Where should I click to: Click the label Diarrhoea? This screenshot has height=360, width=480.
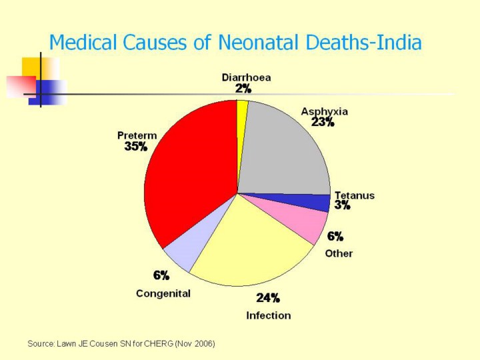click(x=246, y=77)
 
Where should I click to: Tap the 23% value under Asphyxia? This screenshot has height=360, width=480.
click(x=323, y=122)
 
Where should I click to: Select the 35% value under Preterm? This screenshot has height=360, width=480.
click(x=135, y=147)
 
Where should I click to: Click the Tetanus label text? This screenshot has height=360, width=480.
click(x=355, y=195)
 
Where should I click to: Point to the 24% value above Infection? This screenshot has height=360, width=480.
click(x=268, y=298)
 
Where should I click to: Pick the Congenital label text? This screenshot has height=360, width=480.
click(x=163, y=293)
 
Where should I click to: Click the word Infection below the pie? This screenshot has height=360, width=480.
click(x=269, y=315)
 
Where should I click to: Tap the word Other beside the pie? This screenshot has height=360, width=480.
click(x=339, y=253)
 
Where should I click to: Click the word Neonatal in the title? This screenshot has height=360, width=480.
click(x=265, y=43)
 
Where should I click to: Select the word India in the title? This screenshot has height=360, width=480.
click(x=399, y=43)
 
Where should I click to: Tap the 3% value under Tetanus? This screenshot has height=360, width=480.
click(x=343, y=206)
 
